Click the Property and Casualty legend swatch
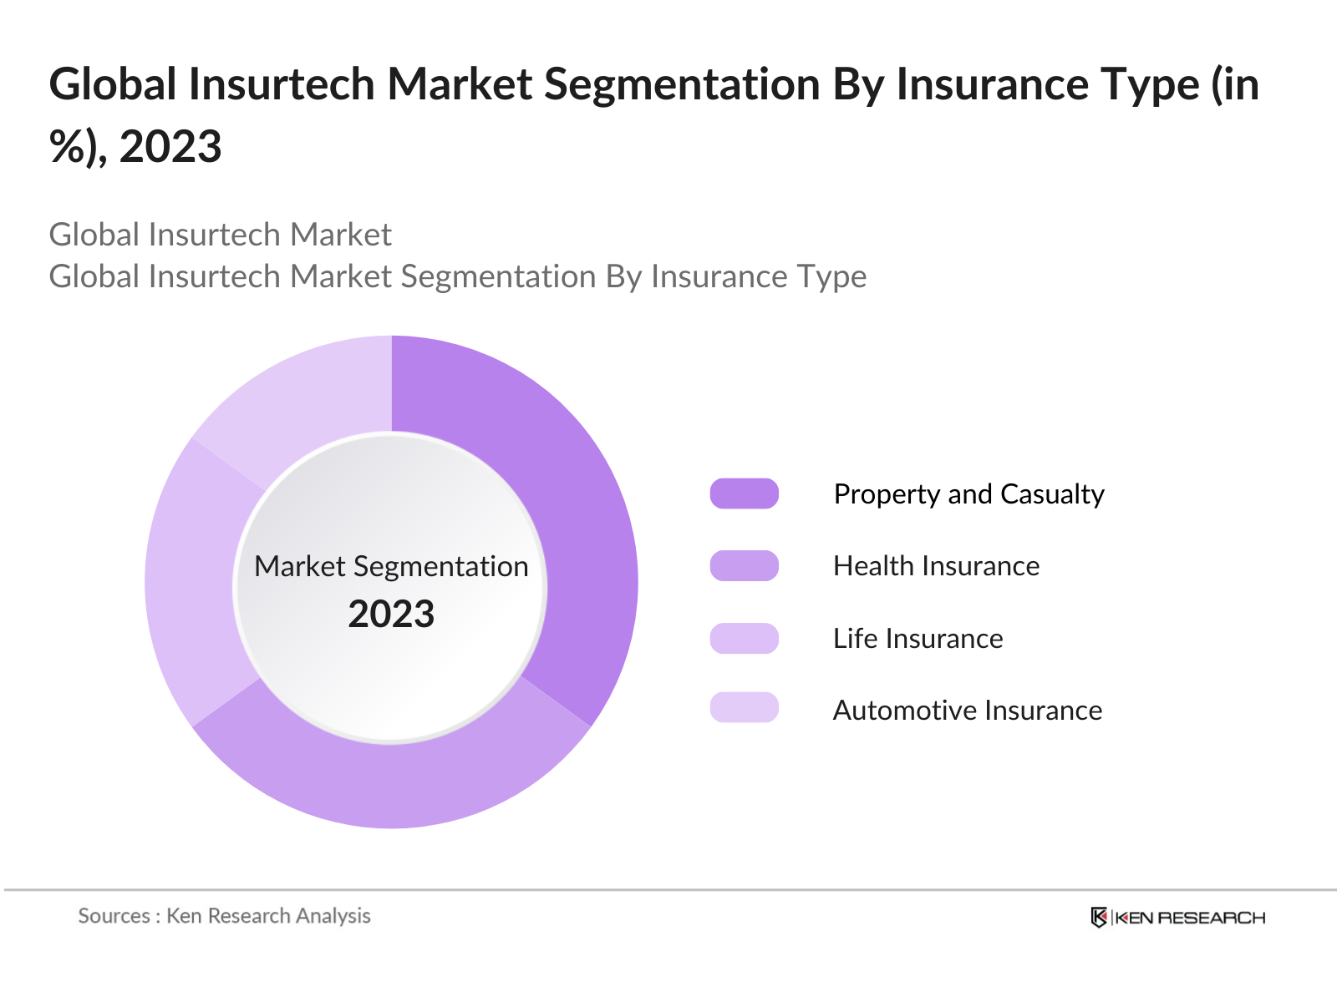pyautogui.click(x=744, y=493)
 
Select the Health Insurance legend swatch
pyautogui.click(x=744, y=565)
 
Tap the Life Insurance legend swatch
pyautogui.click(x=744, y=638)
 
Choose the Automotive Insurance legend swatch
pyautogui.click(x=744, y=707)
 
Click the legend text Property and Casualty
pyautogui.click(x=968, y=494)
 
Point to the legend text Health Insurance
pyautogui.click(x=936, y=566)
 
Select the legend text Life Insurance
pyautogui.click(x=918, y=639)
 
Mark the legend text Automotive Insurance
pyautogui.click(x=967, y=711)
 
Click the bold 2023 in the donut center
pyautogui.click(x=391, y=615)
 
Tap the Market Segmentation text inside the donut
pyautogui.click(x=391, y=566)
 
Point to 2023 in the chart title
pyautogui.click(x=170, y=147)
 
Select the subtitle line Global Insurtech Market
pyautogui.click(x=220, y=235)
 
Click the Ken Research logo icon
pyautogui.click(x=1099, y=917)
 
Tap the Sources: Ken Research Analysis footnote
pyautogui.click(x=224, y=916)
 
